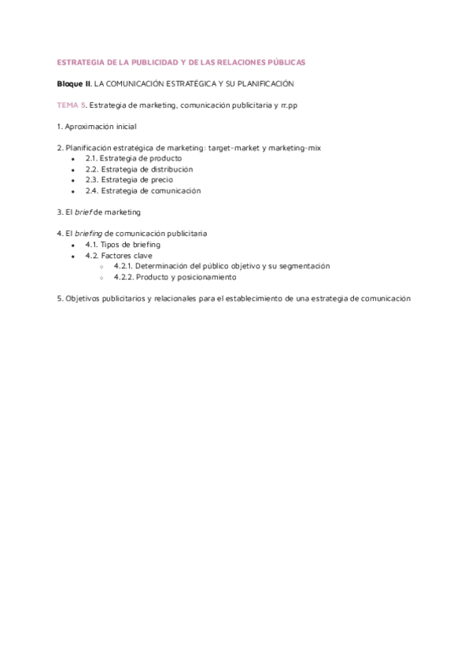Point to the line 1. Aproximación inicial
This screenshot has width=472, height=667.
click(x=97, y=127)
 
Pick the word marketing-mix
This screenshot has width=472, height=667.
click(x=293, y=148)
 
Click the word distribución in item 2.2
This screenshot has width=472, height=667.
click(x=166, y=169)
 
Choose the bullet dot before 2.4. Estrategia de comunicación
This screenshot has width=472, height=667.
click(x=72, y=191)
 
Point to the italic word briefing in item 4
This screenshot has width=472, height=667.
click(x=87, y=234)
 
